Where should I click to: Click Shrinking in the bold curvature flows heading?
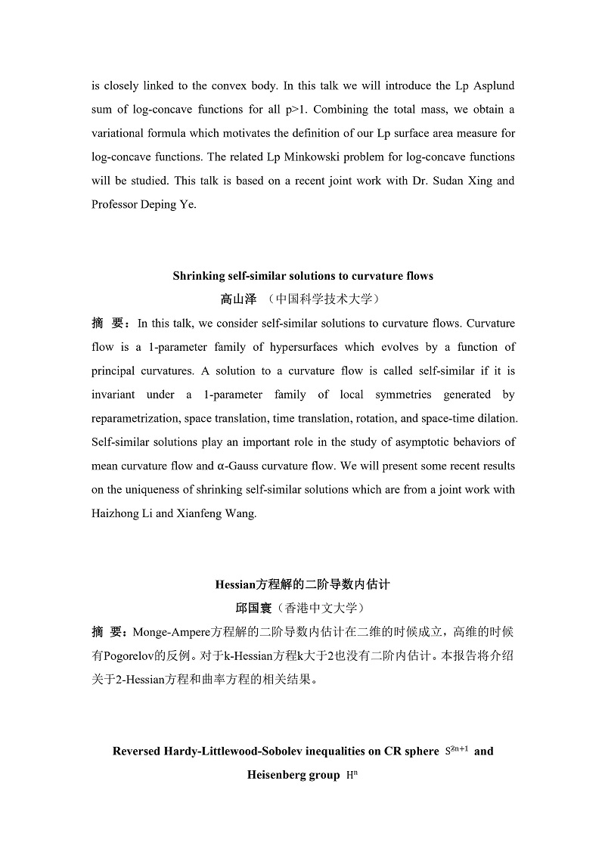coord(200,276)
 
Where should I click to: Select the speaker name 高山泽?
coord(239,299)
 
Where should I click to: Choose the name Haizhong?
coord(116,513)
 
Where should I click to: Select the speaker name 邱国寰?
coord(256,608)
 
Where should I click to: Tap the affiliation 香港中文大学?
coord(324,608)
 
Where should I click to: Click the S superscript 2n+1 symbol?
coord(458,751)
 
